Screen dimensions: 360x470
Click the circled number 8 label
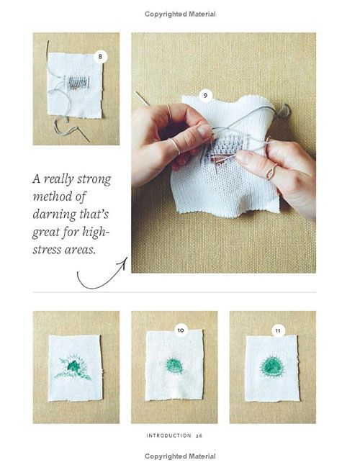[100, 57]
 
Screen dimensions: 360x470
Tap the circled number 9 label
[205, 96]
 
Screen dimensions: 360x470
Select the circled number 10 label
[181, 330]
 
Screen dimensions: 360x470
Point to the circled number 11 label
[278, 330]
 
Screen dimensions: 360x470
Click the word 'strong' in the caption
[94, 179]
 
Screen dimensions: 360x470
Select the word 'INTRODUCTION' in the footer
[168, 435]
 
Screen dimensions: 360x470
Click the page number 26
[199, 435]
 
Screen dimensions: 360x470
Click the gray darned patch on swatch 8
[78, 83]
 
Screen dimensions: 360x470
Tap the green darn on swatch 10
[174, 366]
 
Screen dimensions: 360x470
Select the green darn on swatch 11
[272, 366]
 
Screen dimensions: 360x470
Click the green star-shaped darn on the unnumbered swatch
[73, 367]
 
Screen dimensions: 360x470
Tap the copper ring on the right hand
[271, 172]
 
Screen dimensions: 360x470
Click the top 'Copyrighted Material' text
[180, 14]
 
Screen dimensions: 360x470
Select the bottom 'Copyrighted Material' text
[180, 456]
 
